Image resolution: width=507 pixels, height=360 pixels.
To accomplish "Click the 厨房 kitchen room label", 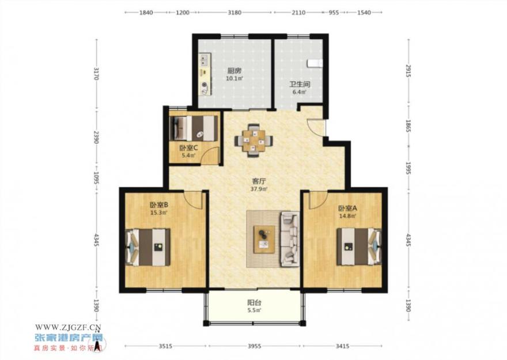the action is [234, 70].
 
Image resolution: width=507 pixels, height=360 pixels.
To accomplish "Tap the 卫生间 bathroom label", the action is [300, 85].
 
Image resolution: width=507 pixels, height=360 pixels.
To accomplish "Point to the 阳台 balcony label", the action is [255, 303].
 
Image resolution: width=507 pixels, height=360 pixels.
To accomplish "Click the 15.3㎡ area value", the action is [158, 213].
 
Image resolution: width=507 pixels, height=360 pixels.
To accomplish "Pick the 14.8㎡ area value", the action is [347, 216].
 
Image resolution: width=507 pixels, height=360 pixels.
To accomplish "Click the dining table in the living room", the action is [254, 141].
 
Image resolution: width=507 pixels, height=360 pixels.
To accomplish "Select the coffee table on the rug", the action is [264, 239].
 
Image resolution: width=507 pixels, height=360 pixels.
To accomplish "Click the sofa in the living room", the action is [290, 239].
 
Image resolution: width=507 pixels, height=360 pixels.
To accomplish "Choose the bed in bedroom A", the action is [359, 247].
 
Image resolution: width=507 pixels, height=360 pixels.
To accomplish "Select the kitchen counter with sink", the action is [205, 74].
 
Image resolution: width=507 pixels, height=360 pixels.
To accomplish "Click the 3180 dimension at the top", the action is [234, 13].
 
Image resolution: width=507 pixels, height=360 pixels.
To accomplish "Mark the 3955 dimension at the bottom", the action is [255, 346].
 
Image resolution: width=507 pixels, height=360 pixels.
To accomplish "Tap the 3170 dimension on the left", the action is [96, 73].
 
